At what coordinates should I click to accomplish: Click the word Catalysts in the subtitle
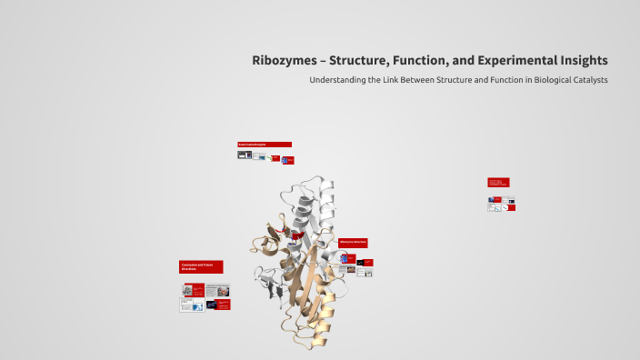point(588,80)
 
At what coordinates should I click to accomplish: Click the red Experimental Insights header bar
point(265,144)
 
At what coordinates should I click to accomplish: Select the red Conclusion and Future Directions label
point(201,266)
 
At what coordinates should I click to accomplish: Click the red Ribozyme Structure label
point(353,243)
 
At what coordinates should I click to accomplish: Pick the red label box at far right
point(498,182)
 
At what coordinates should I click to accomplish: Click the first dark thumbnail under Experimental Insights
point(243,155)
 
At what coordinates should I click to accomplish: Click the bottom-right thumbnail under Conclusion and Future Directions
point(224,305)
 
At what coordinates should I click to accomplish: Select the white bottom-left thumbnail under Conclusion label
point(191,306)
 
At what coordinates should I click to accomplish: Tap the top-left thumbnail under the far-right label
point(495,199)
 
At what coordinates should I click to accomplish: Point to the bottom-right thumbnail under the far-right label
point(511,207)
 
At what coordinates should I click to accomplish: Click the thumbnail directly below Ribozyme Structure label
point(349,258)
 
